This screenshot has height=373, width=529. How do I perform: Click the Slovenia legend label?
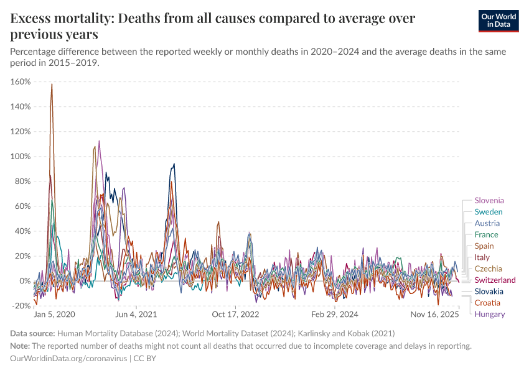click(489, 201)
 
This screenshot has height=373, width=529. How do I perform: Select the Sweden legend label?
click(488, 212)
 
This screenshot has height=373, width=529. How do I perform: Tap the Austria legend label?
click(487, 223)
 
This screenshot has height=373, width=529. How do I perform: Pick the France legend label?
click(486, 234)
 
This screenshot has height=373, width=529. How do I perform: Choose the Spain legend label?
click(485, 246)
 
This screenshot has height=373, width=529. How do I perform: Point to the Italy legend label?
click(482, 257)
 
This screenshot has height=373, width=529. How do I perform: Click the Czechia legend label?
click(488, 269)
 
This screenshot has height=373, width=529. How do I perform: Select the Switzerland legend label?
click(495, 280)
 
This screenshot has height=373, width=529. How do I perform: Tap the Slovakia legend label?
click(489, 292)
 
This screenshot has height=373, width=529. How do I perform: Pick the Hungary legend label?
click(489, 314)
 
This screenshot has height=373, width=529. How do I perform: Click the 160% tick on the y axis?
click(21, 81)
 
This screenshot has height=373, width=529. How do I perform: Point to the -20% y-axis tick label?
click(21, 306)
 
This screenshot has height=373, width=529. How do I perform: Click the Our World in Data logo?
click(499, 21)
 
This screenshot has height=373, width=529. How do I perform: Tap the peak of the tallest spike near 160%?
click(52, 84)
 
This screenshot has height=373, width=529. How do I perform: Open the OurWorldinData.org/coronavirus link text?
click(68, 359)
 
